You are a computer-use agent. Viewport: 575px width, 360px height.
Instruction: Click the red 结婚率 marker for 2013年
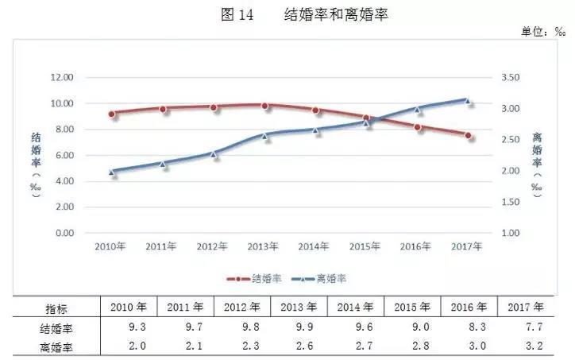(x=265, y=106)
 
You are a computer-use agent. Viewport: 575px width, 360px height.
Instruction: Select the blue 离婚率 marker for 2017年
(x=469, y=101)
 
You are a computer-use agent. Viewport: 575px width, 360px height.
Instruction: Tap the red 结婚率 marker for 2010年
(x=113, y=114)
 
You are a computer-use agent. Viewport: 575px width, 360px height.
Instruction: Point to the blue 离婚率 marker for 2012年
(x=214, y=154)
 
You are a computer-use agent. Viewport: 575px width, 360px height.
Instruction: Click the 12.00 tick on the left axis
(x=62, y=77)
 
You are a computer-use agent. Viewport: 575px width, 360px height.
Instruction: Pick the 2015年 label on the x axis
(x=365, y=246)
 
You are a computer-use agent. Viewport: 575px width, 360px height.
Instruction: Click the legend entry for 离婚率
(x=322, y=279)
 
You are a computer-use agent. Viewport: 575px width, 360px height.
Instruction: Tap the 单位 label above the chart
(x=542, y=32)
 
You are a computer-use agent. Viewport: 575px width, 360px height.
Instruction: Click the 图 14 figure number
(x=233, y=15)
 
